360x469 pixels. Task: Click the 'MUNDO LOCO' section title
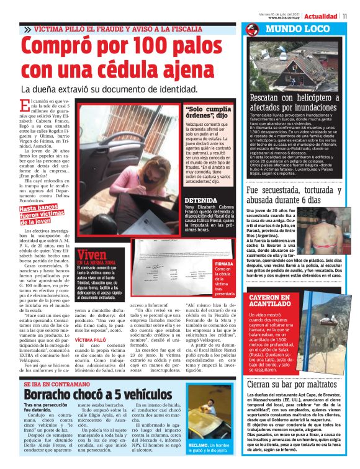click(x=295, y=29)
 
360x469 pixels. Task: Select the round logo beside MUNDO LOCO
click(x=252, y=30)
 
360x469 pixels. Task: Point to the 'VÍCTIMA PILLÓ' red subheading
click(x=91, y=341)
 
